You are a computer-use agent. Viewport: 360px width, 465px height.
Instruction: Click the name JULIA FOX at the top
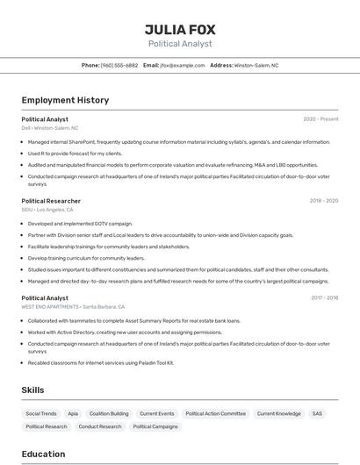tap(180, 29)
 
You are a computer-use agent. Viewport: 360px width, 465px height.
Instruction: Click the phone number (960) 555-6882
tap(119, 65)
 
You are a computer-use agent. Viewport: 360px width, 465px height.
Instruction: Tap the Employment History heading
tap(65, 100)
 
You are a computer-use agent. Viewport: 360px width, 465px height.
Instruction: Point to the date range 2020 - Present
tap(320, 118)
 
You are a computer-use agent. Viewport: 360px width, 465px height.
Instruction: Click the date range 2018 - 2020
tap(324, 200)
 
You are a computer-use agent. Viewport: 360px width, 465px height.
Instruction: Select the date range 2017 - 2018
tap(324, 297)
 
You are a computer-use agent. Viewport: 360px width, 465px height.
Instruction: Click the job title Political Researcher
tap(51, 201)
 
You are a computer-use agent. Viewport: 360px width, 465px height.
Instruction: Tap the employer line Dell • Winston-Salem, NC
tap(50, 128)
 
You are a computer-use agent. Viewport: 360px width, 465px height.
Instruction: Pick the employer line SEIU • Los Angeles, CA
tap(47, 210)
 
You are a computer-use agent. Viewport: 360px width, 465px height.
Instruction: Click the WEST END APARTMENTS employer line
tap(73, 307)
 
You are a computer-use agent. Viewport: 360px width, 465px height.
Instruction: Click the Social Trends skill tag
tap(41, 413)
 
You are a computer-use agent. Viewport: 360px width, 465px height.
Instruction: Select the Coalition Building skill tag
tap(109, 413)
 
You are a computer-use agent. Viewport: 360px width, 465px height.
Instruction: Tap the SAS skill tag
tap(317, 413)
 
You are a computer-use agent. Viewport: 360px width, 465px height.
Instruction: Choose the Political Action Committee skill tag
tap(215, 413)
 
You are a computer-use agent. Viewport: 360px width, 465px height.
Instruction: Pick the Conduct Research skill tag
tap(100, 426)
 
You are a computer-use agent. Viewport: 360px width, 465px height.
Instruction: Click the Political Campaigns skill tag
tap(155, 426)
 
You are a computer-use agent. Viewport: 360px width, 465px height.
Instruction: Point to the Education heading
tap(43, 454)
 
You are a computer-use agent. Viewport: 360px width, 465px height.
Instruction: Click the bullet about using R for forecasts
tap(75, 154)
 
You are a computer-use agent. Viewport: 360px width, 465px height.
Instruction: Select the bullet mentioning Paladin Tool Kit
tap(101, 362)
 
